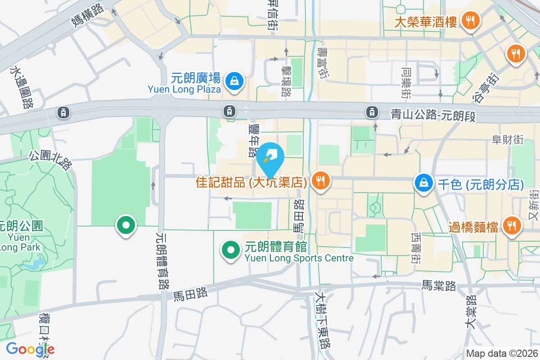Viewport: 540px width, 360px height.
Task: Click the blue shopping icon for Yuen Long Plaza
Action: click(234, 81)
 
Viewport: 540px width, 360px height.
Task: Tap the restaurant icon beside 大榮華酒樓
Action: click(470, 20)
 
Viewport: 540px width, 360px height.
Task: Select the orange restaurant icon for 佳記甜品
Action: click(320, 181)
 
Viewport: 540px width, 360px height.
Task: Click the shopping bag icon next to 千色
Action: click(424, 183)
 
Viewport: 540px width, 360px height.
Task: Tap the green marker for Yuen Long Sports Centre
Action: click(231, 250)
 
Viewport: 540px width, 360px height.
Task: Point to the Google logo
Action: click(30, 349)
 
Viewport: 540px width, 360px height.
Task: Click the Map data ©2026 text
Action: click(502, 353)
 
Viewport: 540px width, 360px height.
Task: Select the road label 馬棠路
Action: click(439, 285)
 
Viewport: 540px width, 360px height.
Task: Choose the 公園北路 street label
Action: click(51, 160)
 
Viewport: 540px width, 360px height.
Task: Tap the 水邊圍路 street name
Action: click(22, 88)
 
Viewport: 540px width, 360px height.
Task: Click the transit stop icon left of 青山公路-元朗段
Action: click(372, 111)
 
